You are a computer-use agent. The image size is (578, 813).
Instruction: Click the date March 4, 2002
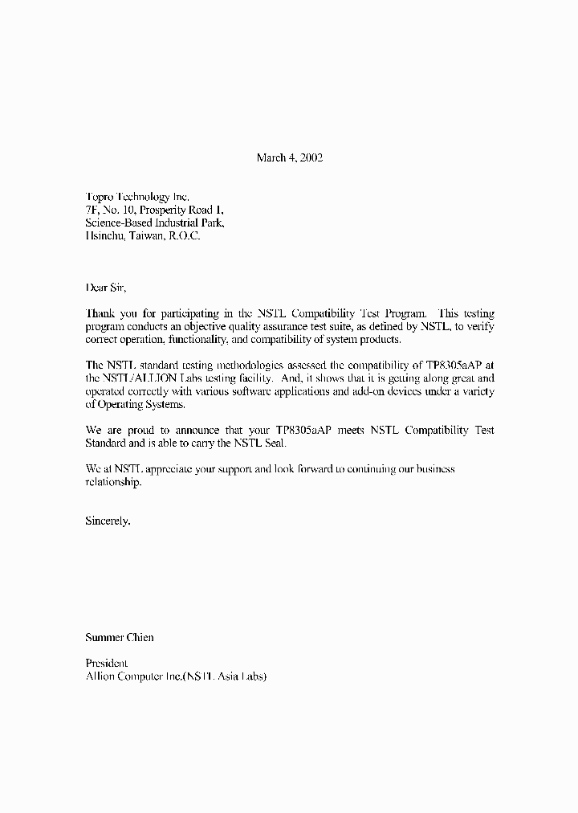[289, 157]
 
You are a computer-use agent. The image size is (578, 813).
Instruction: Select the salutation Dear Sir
[106, 287]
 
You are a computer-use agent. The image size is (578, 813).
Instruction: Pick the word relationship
[113, 483]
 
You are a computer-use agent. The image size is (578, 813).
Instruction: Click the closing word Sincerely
[108, 521]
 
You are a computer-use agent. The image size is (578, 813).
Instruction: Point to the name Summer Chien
[120, 638]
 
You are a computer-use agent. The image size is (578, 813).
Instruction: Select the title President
[107, 664]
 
